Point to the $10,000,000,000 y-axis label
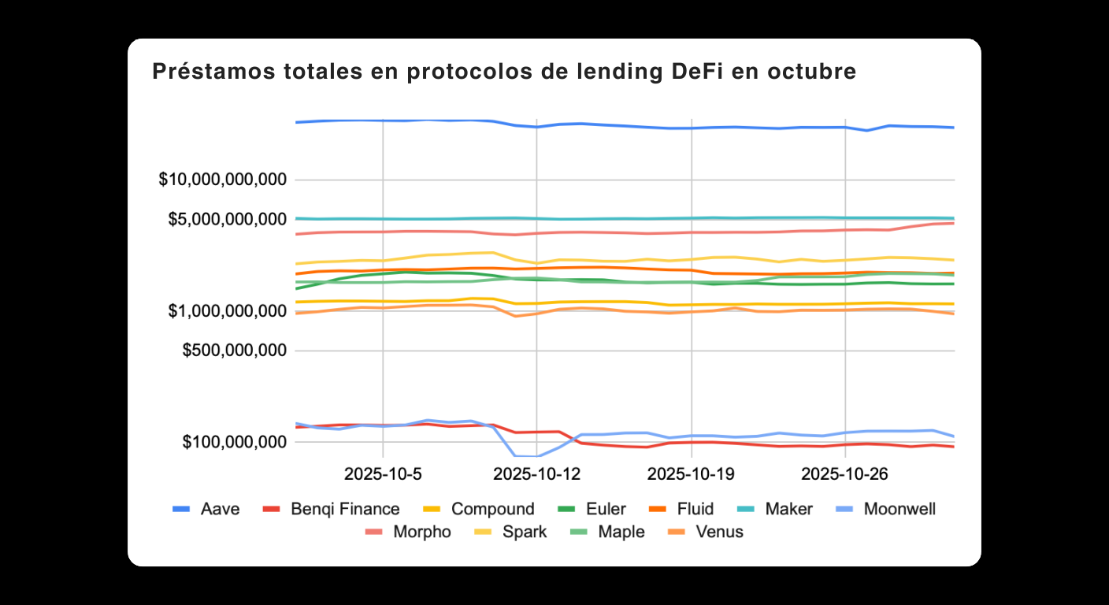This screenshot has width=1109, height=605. coord(222,180)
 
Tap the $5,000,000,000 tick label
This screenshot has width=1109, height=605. coord(228,219)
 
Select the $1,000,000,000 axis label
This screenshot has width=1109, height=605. coord(228,312)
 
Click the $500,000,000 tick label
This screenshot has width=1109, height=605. coord(234,351)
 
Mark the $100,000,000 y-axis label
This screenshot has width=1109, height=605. coord(234,443)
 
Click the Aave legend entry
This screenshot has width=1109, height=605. coord(220,510)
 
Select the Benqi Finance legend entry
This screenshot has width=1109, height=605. coord(343,510)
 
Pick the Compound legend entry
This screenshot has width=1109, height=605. coord(492,510)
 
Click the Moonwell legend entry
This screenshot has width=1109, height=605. coord(899,510)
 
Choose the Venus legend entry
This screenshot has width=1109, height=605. coord(719,533)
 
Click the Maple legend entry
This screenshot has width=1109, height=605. coord(621,533)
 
